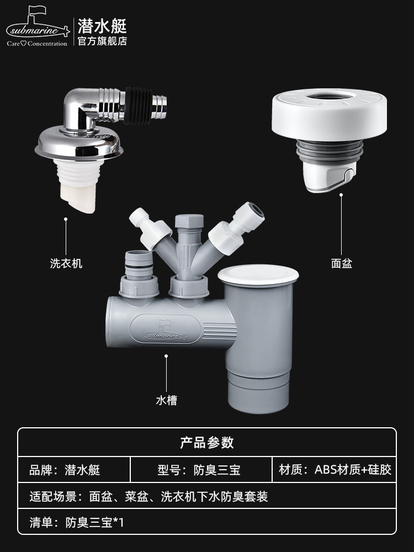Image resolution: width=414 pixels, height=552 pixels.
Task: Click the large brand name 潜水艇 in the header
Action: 102,26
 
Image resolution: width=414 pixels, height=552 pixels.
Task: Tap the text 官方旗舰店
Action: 102,41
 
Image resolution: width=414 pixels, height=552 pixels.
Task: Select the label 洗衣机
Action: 66,263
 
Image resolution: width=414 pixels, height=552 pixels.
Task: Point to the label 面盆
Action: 342,263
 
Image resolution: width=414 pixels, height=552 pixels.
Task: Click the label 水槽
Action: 166,400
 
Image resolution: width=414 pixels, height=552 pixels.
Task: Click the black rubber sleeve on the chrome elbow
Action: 138,105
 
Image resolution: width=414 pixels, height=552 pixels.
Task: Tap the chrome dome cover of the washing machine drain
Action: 79,142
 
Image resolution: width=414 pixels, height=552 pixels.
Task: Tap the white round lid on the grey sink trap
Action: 258,275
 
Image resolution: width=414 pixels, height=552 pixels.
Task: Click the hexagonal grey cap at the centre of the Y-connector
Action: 189,221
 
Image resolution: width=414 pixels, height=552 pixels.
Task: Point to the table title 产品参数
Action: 207,443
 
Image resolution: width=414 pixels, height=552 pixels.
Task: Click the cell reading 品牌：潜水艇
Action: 65,470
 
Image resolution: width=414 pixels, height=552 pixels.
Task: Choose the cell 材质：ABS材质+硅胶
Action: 335,470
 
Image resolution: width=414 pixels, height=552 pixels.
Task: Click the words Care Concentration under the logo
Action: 37,44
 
